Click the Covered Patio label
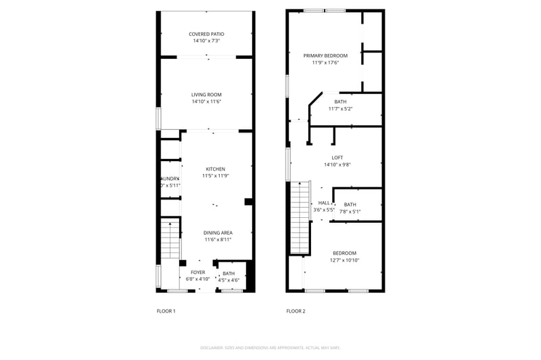pyautogui.click(x=206, y=34)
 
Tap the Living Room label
pyautogui.click(x=206, y=95)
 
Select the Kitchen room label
pyautogui.click(x=216, y=169)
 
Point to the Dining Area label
pyautogui.click(x=218, y=233)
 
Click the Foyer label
pyautogui.click(x=197, y=272)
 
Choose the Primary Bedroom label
pyautogui.click(x=325, y=55)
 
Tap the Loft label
pyautogui.click(x=337, y=158)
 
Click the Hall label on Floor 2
pyautogui.click(x=324, y=203)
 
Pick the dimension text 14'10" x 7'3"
pyautogui.click(x=206, y=41)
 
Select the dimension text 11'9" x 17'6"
pyautogui.click(x=325, y=62)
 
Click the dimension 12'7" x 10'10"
pyautogui.click(x=344, y=260)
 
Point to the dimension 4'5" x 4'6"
pyautogui.click(x=229, y=279)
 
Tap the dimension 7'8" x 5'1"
pyautogui.click(x=350, y=211)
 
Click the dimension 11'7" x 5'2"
pyautogui.click(x=340, y=108)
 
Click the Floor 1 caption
pyautogui.click(x=166, y=311)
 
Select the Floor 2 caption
pyautogui.click(x=296, y=311)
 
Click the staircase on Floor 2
pyautogui.click(x=299, y=217)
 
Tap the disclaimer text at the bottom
pyautogui.click(x=270, y=347)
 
